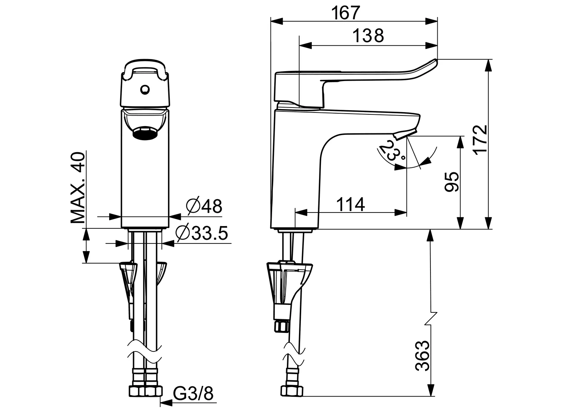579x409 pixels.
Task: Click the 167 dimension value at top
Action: (x=345, y=13)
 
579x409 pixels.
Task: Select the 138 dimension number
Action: (x=368, y=36)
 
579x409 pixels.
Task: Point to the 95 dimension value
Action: (x=452, y=183)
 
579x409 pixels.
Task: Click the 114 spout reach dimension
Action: (x=351, y=205)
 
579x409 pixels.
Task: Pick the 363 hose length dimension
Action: (x=422, y=356)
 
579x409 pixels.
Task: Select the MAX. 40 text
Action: (x=78, y=188)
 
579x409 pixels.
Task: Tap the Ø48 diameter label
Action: (x=203, y=206)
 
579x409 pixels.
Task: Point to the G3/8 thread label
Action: (x=193, y=394)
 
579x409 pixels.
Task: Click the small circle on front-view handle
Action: (x=144, y=90)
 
